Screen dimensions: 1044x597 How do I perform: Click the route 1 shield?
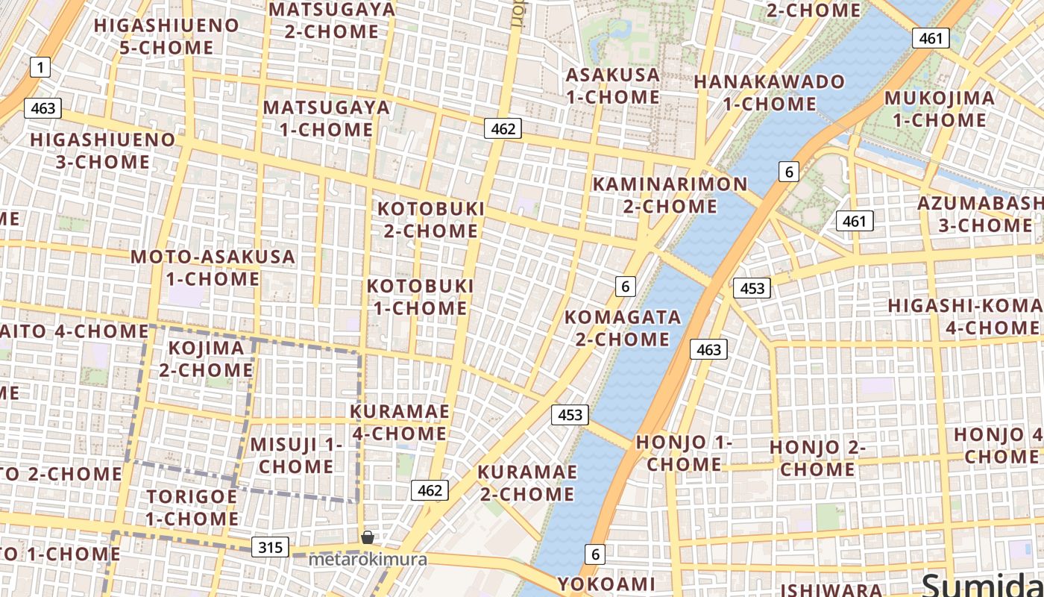click(x=40, y=68)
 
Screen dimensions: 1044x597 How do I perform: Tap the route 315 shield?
click(x=270, y=547)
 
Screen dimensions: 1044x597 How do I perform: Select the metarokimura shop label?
click(x=368, y=559)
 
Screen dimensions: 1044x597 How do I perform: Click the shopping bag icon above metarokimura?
click(x=368, y=537)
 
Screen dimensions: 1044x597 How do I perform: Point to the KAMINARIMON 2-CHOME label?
click(x=670, y=195)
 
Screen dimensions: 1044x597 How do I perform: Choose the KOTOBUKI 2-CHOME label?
click(x=431, y=219)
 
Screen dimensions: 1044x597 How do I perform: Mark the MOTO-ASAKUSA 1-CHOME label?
click(x=213, y=268)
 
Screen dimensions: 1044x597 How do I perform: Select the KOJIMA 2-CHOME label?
click(x=206, y=359)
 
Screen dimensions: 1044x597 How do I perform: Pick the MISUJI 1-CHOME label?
click(x=296, y=455)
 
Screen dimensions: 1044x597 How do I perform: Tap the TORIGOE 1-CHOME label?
click(x=192, y=507)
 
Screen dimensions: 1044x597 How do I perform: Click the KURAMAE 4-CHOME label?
click(x=400, y=422)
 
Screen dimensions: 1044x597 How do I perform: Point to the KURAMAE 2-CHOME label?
click(x=526, y=483)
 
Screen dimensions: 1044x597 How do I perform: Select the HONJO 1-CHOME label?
click(x=684, y=453)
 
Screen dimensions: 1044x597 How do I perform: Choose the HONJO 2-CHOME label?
click(x=817, y=458)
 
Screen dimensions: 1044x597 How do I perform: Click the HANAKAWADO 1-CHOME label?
click(x=770, y=93)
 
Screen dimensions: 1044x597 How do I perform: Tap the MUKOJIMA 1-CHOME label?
click(x=939, y=109)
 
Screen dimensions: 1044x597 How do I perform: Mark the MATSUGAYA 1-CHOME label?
click(x=327, y=118)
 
